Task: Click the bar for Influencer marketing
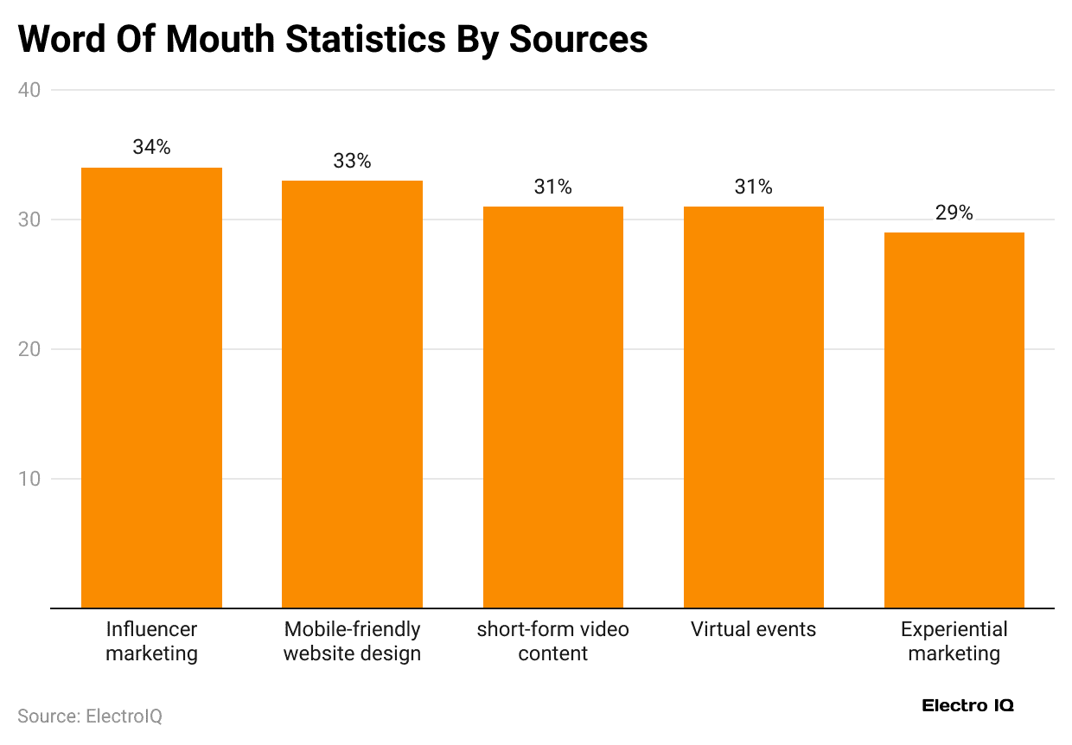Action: click(x=151, y=389)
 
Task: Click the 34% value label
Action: click(x=151, y=148)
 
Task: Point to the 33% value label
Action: click(x=352, y=161)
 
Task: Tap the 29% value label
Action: click(x=954, y=213)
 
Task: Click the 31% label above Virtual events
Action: click(x=753, y=187)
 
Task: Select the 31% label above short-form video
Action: click(x=552, y=187)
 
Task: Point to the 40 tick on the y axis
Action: click(x=33, y=90)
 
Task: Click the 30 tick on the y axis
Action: click(x=33, y=220)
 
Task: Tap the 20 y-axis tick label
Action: click(x=33, y=349)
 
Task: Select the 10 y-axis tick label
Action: click(x=33, y=479)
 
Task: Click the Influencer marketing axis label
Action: click(x=151, y=641)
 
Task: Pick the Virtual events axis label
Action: click(x=753, y=629)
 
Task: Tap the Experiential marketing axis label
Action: click(x=954, y=641)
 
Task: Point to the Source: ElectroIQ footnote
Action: click(x=90, y=716)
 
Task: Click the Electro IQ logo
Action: click(x=967, y=705)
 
